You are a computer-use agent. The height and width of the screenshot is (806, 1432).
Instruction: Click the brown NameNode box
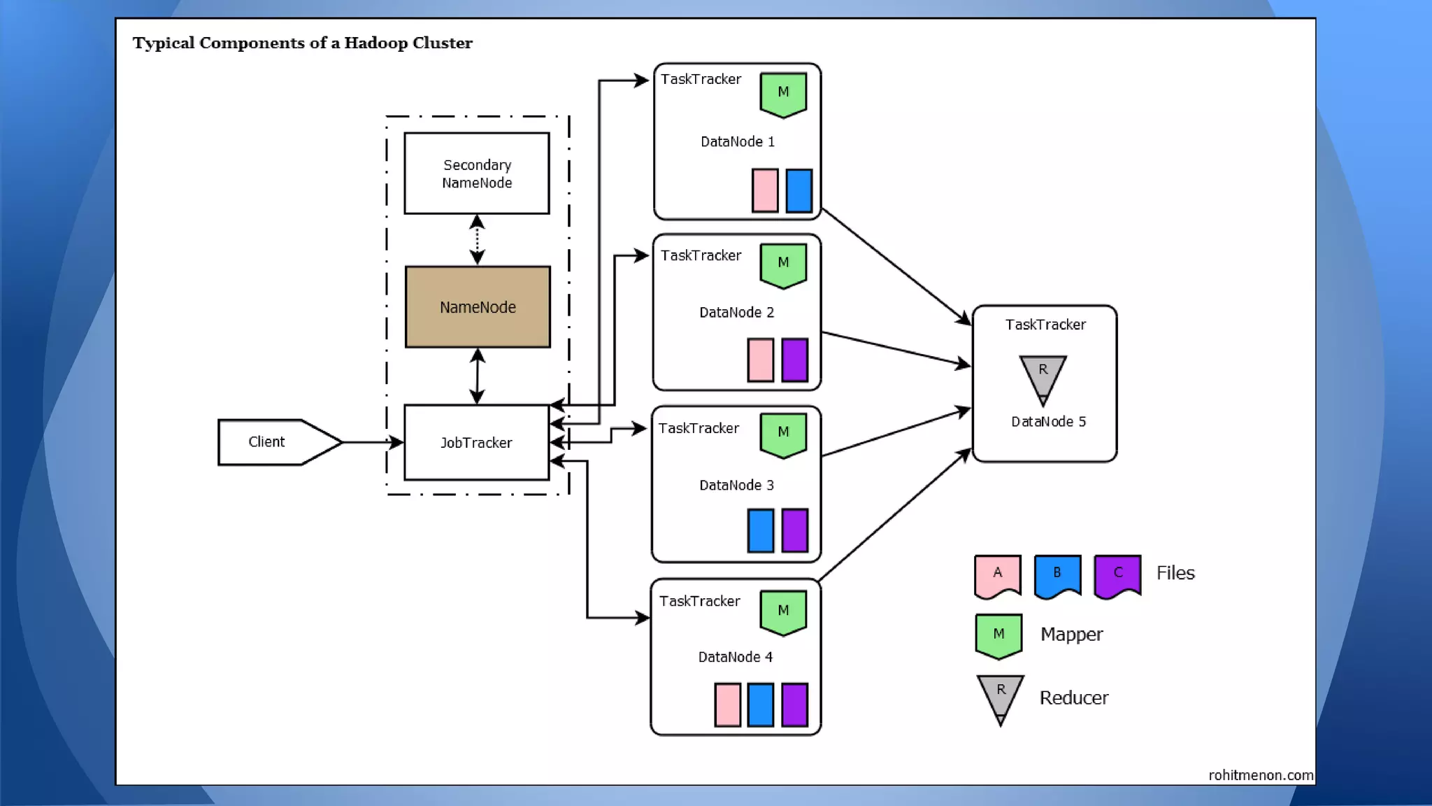[478, 306]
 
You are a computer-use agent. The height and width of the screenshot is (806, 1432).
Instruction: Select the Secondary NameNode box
[477, 174]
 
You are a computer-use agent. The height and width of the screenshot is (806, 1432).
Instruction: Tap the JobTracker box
[476, 442]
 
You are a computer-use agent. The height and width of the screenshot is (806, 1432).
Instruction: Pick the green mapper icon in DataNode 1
[783, 94]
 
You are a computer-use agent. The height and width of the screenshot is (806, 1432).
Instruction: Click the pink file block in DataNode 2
[761, 360]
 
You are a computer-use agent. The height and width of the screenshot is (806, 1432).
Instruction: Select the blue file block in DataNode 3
[761, 530]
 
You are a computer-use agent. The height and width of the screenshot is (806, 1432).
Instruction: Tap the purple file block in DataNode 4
[794, 705]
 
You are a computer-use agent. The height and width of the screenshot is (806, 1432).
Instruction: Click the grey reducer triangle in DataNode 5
[1043, 376]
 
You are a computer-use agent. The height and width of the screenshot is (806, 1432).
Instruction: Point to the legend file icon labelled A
[998, 576]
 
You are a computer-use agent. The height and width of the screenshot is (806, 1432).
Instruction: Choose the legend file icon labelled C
[1117, 576]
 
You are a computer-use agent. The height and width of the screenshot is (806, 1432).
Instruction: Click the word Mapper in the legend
[1071, 635]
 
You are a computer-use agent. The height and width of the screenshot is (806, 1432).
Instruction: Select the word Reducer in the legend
[1073, 698]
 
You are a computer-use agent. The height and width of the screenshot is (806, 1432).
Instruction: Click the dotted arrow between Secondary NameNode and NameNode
[477, 239]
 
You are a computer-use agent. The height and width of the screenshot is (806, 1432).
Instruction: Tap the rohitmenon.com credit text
[1261, 775]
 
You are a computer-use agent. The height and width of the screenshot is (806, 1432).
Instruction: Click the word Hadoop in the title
[375, 43]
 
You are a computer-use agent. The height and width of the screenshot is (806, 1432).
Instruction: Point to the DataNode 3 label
[736, 486]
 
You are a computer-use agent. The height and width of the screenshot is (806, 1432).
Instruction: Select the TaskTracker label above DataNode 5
[1045, 325]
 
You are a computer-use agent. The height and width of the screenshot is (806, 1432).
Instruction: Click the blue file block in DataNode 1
[799, 190]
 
